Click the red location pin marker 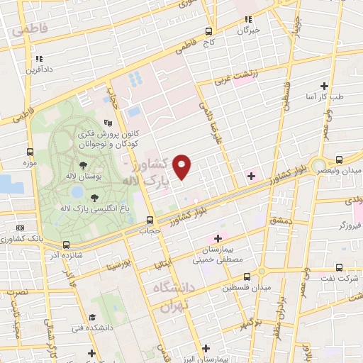tap(182, 166)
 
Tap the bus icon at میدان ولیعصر tap(339, 160)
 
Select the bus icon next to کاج tap(208, 31)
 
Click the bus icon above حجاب tap(149, 220)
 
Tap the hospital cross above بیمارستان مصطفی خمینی tap(218, 238)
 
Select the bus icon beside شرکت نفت tap(339, 267)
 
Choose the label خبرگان tap(247, 30)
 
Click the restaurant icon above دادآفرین tap(39, 59)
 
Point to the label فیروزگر tap(350, 225)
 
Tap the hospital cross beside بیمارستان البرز tap(206, 348)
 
